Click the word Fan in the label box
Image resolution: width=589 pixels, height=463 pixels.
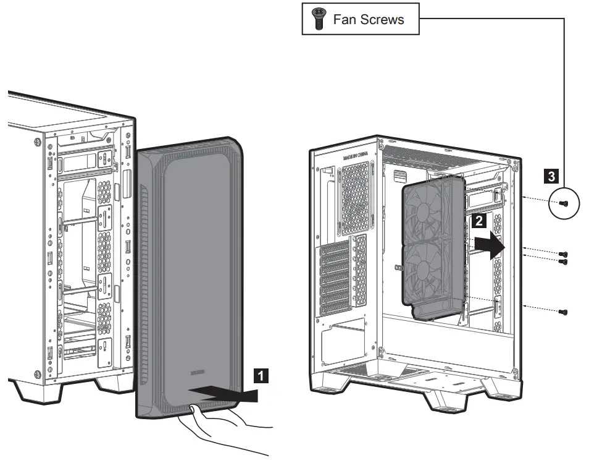pos(343,19)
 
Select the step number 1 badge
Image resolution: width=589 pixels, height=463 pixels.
pos(262,374)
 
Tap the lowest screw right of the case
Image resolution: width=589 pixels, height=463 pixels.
pos(562,312)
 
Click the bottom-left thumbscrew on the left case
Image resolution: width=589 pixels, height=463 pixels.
pos(38,373)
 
